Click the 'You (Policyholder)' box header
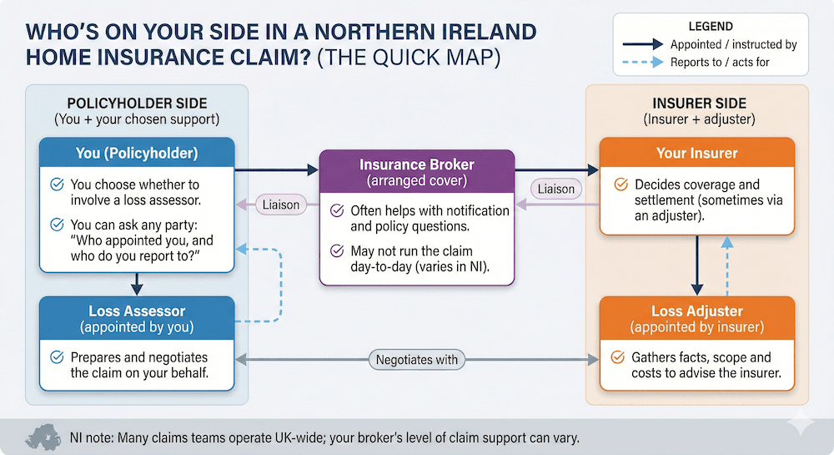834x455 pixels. tap(138, 154)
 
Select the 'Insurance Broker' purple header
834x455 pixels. tap(417, 172)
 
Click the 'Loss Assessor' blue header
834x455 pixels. tap(138, 318)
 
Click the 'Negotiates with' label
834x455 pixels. tap(417, 361)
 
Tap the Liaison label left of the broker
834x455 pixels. tap(279, 204)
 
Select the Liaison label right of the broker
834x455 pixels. tap(556, 189)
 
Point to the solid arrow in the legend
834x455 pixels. tap(645, 44)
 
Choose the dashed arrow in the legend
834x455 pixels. tap(645, 63)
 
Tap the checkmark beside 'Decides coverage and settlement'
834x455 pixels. tap(620, 185)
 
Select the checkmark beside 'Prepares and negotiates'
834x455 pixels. tap(57, 356)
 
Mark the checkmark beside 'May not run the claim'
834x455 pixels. tap(337, 250)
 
